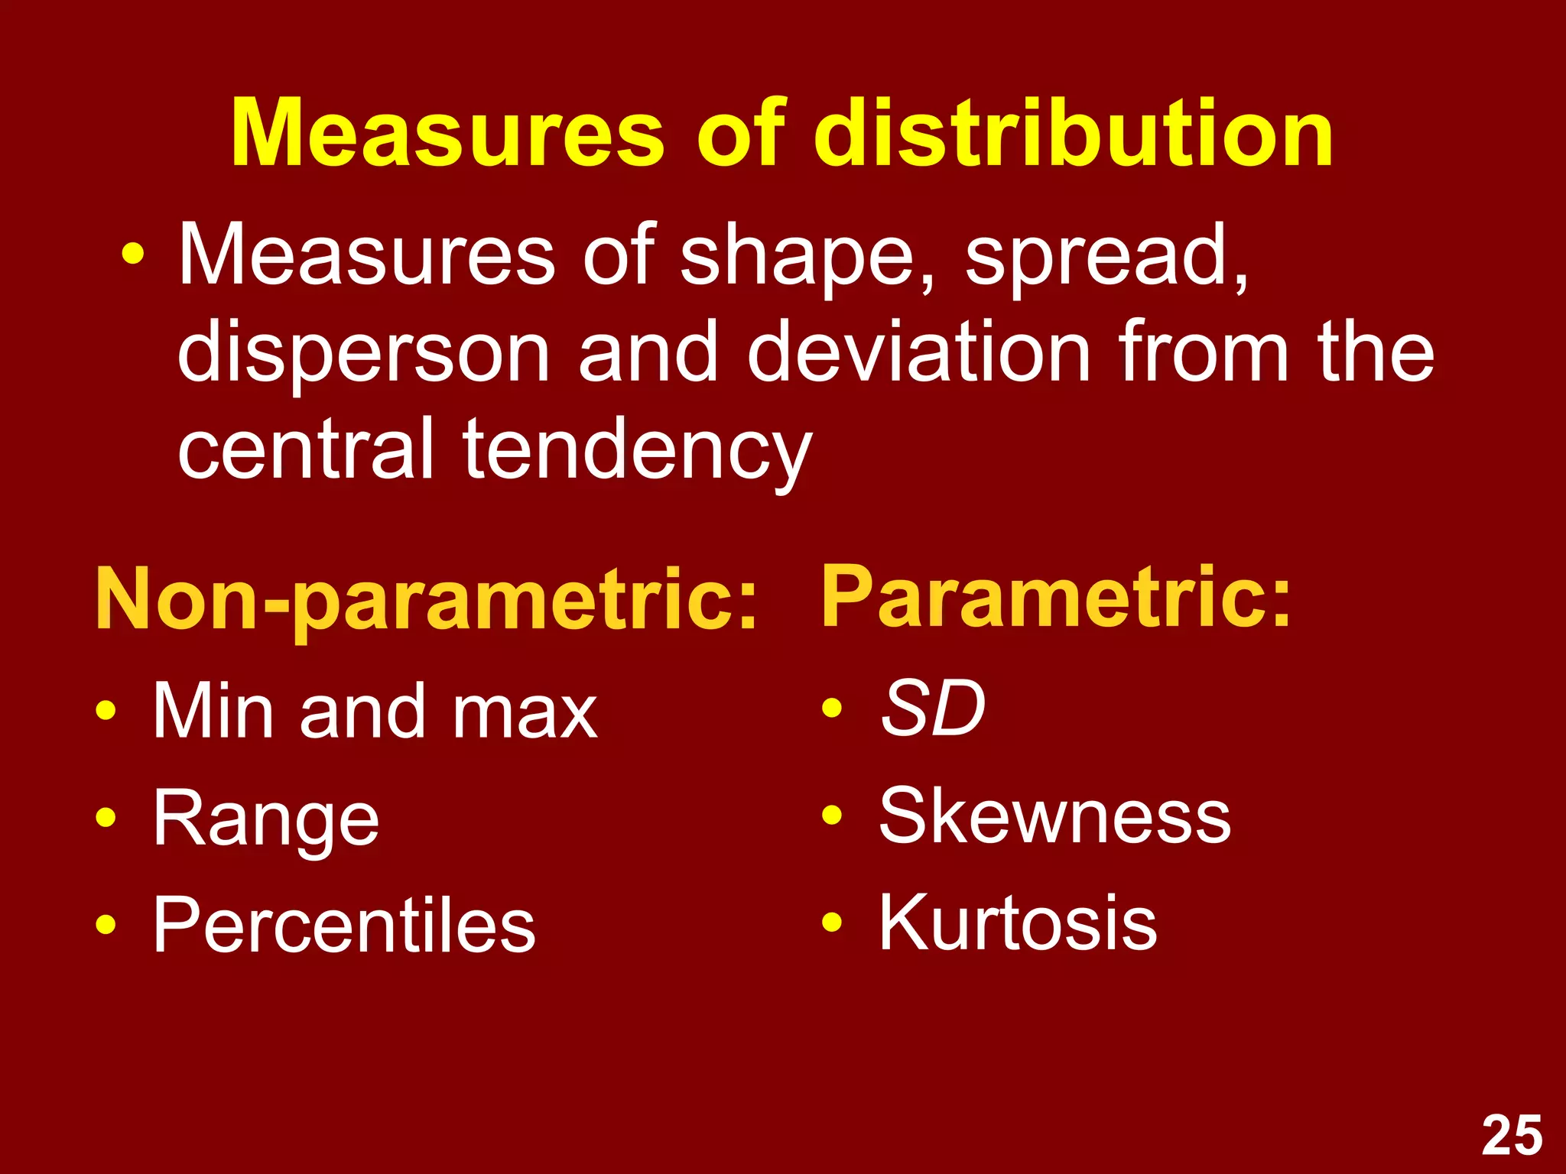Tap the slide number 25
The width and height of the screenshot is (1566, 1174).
click(1512, 1137)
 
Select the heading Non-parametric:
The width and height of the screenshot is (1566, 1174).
click(426, 600)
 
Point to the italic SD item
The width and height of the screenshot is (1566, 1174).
click(933, 709)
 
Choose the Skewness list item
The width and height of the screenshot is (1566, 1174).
click(1054, 817)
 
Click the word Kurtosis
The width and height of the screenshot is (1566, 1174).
click(1018, 923)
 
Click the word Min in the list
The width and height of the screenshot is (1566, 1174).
click(213, 711)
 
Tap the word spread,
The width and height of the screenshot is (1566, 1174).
click(1106, 256)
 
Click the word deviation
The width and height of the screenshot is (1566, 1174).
click(918, 352)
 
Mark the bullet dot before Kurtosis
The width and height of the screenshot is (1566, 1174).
click(832, 923)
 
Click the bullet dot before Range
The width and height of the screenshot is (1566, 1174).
click(106, 819)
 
